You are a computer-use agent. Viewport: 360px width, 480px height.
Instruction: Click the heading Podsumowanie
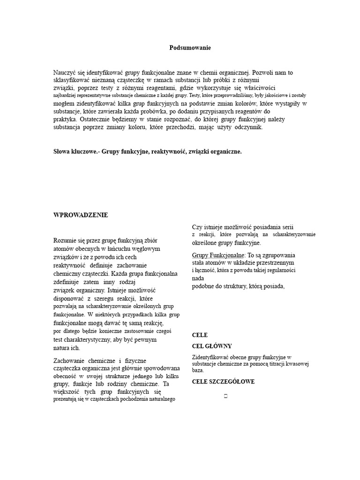pyautogui.click(x=190, y=48)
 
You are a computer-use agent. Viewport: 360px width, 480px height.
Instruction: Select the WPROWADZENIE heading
pyautogui.click(x=81, y=215)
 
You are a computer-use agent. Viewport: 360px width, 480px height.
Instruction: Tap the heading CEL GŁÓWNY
pyautogui.click(x=212, y=346)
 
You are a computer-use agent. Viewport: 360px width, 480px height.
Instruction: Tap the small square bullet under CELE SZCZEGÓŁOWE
pyautogui.click(x=226, y=397)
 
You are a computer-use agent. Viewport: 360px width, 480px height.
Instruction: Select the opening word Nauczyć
pyautogui.click(x=66, y=73)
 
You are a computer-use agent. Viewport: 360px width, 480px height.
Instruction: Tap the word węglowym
pyautogui.click(x=146, y=248)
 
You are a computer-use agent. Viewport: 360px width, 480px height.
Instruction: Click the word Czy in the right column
pyautogui.click(x=197, y=227)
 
